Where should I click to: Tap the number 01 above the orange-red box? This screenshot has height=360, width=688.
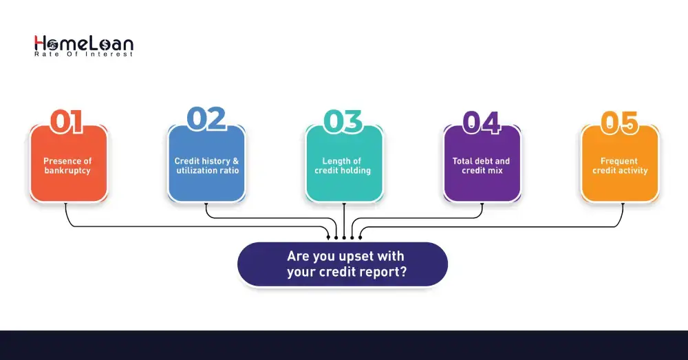pyautogui.click(x=67, y=121)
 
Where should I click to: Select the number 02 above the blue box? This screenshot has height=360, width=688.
pyautogui.click(x=206, y=119)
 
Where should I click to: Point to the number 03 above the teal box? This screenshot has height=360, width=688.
pyautogui.click(x=343, y=121)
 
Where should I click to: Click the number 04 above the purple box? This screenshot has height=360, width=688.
pyautogui.click(x=481, y=121)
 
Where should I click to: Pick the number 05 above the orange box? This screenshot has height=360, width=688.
pyautogui.click(x=620, y=122)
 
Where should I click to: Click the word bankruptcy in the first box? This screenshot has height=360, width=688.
pyautogui.click(x=67, y=171)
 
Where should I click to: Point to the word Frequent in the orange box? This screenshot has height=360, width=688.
pyautogui.click(x=619, y=162)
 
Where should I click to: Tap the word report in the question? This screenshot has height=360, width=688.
pyautogui.click(x=380, y=272)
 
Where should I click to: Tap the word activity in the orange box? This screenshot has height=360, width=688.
pyautogui.click(x=633, y=171)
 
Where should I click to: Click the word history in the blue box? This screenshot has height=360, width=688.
pyautogui.click(x=215, y=162)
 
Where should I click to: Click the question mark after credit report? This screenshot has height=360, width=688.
pyautogui.click(x=403, y=272)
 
